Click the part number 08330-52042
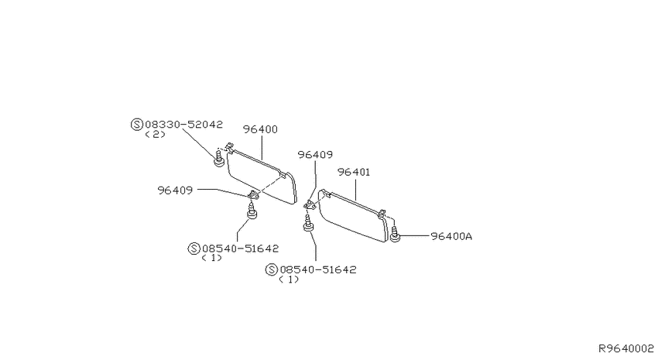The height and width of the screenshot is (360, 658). [x=183, y=125]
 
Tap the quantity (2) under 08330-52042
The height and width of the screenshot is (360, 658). [x=155, y=135]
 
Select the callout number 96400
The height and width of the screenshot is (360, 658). [x=260, y=129]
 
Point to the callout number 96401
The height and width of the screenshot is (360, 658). [x=354, y=173]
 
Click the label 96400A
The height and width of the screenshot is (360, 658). [x=451, y=237]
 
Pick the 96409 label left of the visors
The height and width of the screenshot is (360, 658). [x=175, y=190]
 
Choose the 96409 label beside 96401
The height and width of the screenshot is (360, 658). [x=315, y=155]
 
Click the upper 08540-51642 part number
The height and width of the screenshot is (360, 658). [x=241, y=249]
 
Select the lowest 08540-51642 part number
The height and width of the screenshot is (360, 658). [x=318, y=269]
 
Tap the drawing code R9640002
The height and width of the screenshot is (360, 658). [x=626, y=348]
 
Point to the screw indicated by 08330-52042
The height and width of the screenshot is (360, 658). [x=218, y=157]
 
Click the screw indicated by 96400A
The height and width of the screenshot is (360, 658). [x=395, y=234]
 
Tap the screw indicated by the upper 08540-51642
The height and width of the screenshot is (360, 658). [x=252, y=211]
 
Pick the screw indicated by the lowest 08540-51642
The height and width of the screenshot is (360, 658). [x=308, y=222]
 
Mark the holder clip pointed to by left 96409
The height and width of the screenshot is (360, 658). [x=253, y=194]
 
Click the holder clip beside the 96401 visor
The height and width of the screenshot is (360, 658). [x=310, y=204]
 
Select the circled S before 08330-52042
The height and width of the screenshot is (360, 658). [x=137, y=125]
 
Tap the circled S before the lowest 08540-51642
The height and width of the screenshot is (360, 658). [x=272, y=269]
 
